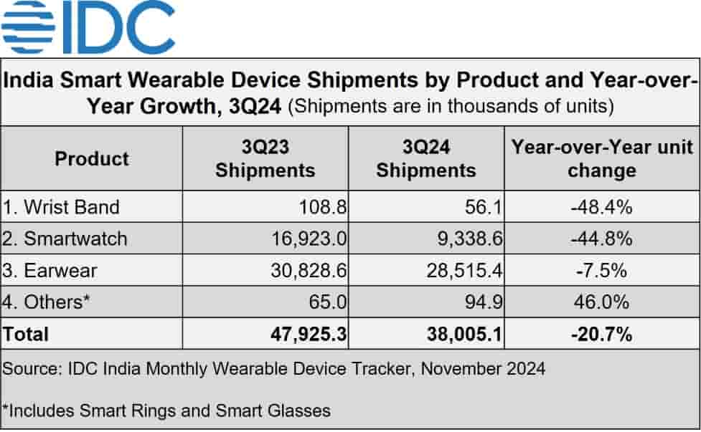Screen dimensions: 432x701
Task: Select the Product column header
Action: click(92, 158)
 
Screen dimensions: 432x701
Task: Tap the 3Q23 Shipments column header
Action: click(265, 158)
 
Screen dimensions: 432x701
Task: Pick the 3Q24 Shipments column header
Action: click(426, 158)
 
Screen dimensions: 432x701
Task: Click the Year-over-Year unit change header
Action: click(601, 158)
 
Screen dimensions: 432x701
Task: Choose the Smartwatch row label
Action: click(65, 239)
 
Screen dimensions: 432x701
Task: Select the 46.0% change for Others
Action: click(602, 302)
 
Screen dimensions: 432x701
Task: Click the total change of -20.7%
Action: click(602, 334)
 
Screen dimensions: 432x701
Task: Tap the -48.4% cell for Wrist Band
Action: click(602, 207)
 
